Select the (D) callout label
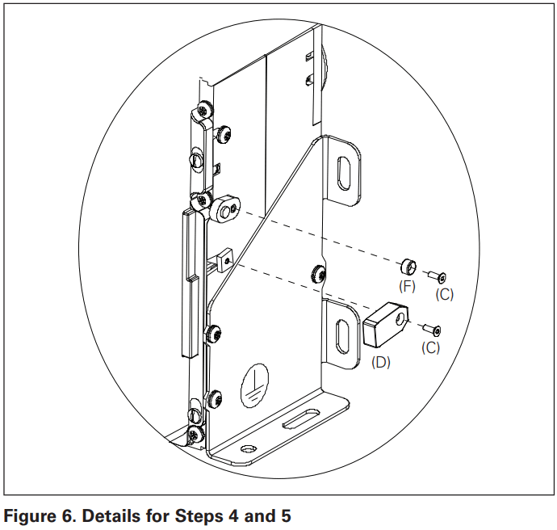click(x=379, y=363)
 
